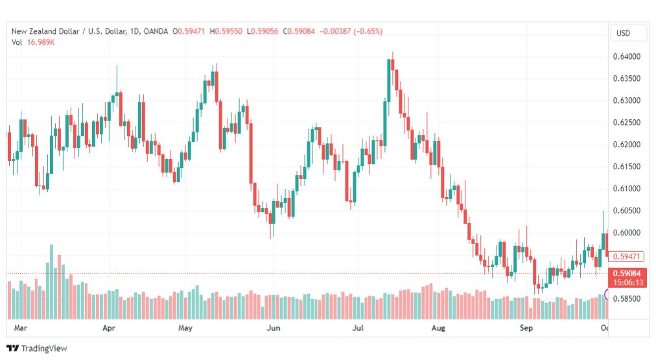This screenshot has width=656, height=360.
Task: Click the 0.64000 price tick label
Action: click(x=626, y=56)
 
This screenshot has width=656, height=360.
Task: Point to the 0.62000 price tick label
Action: click(x=626, y=145)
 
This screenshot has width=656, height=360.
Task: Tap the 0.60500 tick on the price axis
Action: click(x=626, y=211)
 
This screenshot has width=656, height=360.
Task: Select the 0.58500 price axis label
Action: click(x=626, y=298)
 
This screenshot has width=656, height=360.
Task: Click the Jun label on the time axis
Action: click(x=274, y=328)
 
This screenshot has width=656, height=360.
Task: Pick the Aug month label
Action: click(x=438, y=328)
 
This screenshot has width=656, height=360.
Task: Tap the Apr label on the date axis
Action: click(x=109, y=328)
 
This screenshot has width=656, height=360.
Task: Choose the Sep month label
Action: click(x=526, y=328)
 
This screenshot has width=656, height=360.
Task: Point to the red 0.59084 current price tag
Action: click(x=627, y=273)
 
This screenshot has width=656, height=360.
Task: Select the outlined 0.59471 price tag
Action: click(x=626, y=256)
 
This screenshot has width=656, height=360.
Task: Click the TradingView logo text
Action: click(x=44, y=348)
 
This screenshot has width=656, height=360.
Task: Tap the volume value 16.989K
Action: click(x=41, y=42)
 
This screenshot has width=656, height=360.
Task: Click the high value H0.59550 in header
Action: click(x=226, y=31)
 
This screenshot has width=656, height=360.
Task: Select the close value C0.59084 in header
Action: click(x=299, y=31)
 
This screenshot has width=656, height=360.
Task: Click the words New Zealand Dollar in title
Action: click(x=45, y=31)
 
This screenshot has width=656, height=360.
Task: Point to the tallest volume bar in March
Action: click(x=51, y=282)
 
